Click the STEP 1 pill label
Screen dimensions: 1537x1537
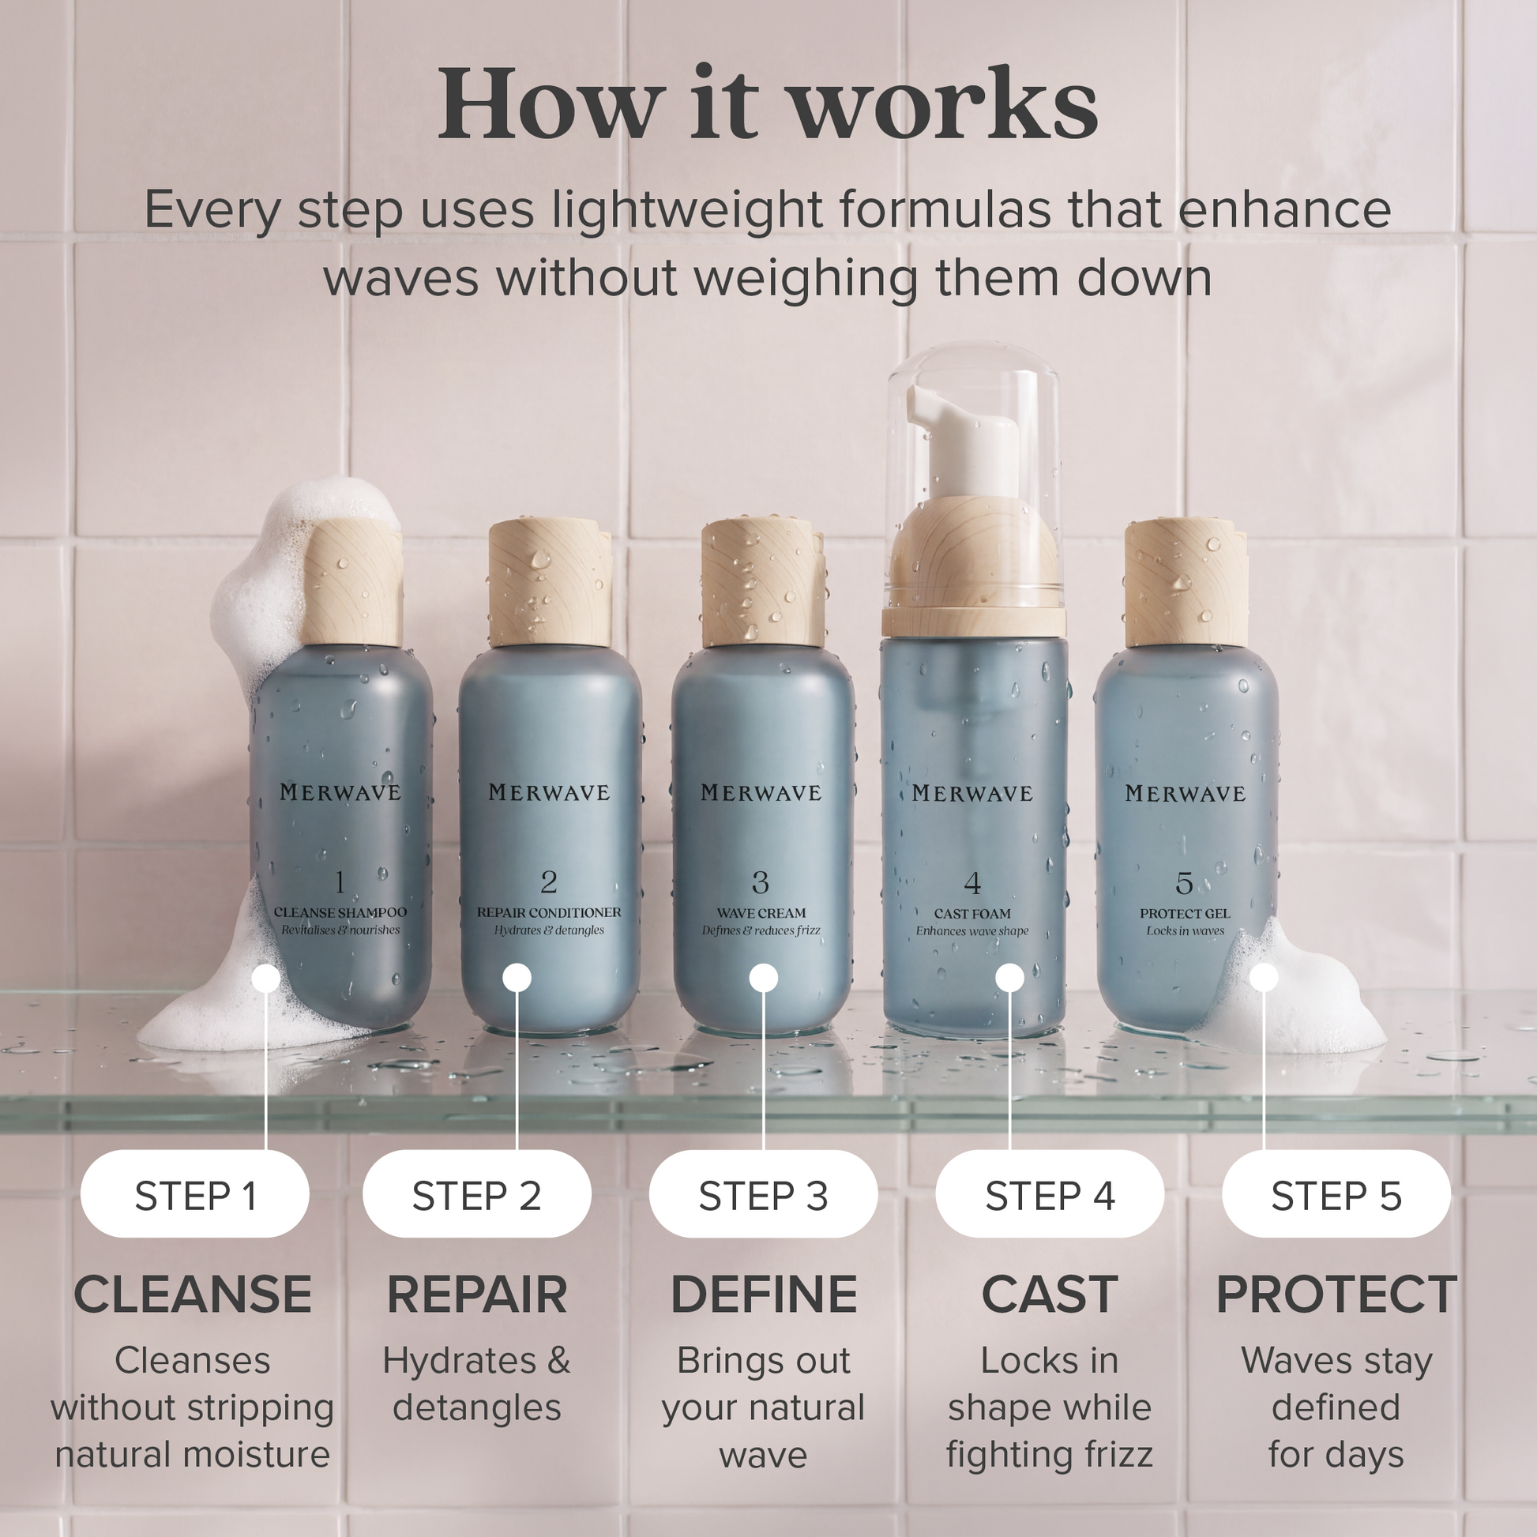[195, 1195]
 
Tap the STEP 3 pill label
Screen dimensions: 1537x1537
[764, 1195]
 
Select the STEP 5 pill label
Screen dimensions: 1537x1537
[1336, 1195]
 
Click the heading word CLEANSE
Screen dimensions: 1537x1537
[193, 1295]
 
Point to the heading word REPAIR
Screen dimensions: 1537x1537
[477, 1295]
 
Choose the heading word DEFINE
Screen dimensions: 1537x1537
[764, 1295]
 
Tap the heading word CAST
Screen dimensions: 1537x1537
[1050, 1295]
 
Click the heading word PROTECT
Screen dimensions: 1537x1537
[1336, 1295]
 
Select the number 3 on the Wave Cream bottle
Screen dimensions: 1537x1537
[761, 882]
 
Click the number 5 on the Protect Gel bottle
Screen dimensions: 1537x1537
[1184, 883]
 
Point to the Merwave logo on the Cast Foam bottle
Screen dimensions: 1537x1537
[972, 793]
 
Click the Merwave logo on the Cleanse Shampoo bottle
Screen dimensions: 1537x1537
[340, 791]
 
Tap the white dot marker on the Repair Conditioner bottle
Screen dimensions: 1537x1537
[517, 978]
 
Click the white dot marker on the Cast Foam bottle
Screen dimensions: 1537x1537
[1009, 978]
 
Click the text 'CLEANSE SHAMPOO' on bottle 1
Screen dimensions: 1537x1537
[340, 912]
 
